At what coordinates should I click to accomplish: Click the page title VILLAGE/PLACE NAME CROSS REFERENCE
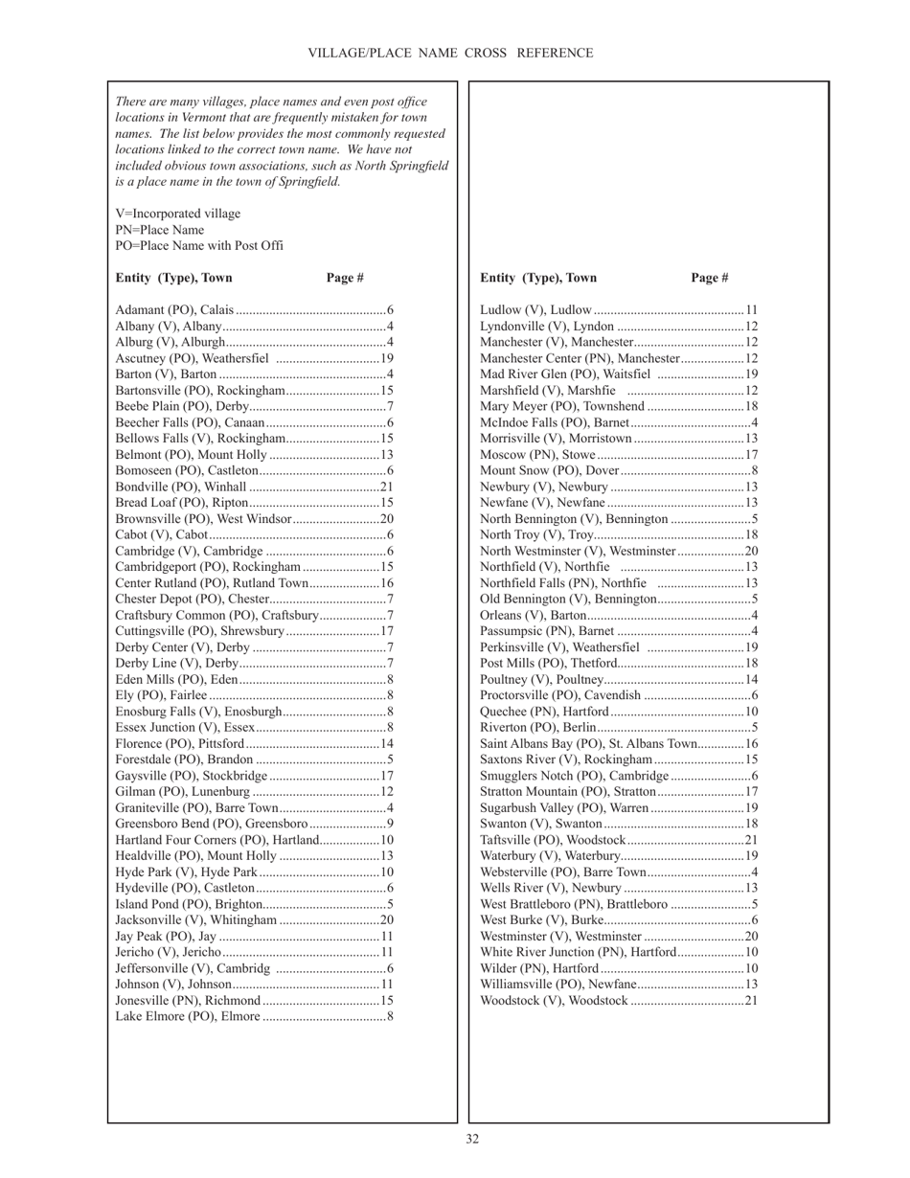coord(450,54)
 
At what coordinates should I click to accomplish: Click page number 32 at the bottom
coord(472,1139)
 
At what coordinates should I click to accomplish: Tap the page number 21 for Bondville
coord(387,487)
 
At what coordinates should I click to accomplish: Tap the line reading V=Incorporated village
coord(178,214)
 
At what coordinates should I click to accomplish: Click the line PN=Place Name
coord(159,230)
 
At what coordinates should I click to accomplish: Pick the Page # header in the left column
coord(345,278)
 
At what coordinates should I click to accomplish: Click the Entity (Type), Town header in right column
coord(538,278)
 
